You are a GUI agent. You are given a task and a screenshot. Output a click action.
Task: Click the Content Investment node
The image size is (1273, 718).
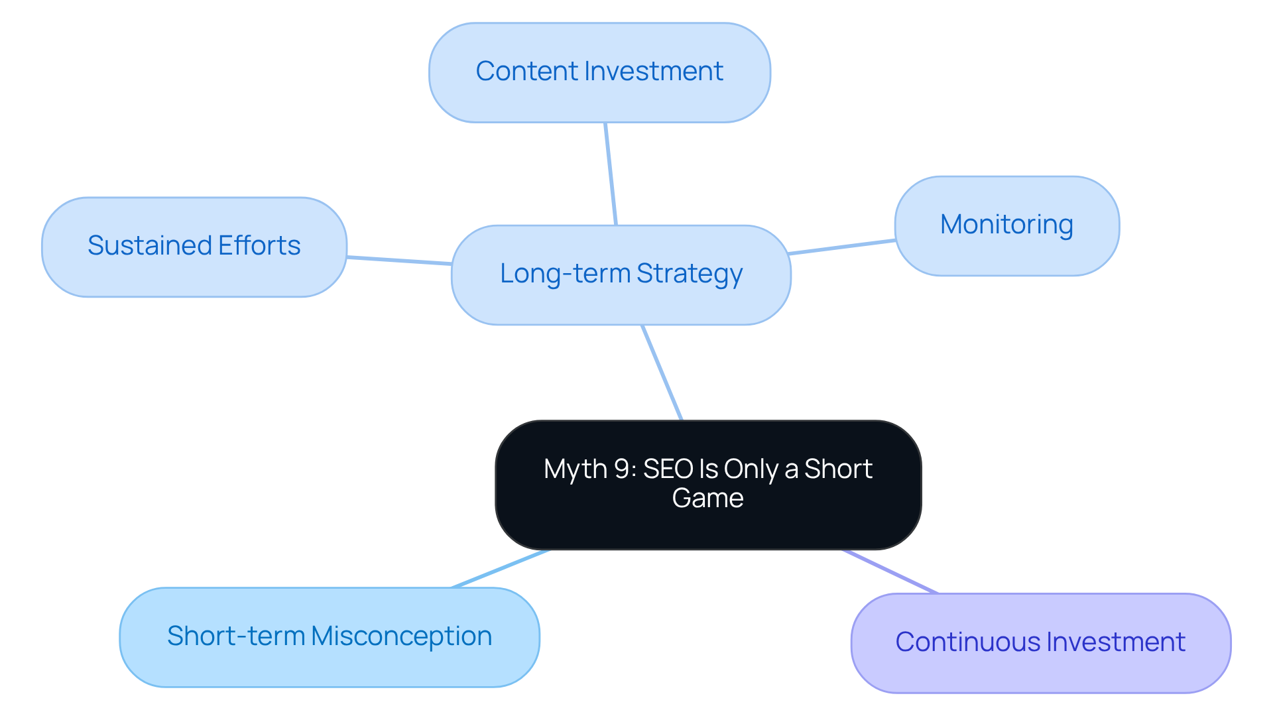[599, 72]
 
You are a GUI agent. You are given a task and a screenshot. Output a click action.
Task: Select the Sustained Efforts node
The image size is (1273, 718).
[194, 247]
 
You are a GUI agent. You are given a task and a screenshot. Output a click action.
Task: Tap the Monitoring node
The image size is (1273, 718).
[1006, 225]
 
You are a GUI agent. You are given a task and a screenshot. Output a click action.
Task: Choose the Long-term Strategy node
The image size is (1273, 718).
[621, 274]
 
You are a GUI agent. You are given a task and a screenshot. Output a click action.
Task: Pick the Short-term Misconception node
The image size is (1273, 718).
[329, 636]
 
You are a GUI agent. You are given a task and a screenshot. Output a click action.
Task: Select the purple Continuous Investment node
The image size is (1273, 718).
[1040, 642]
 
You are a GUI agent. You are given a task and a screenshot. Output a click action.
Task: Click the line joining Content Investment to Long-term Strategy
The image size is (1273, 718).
[611, 174]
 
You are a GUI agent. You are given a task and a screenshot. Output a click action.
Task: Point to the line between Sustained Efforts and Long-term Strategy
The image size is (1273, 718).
[399, 261]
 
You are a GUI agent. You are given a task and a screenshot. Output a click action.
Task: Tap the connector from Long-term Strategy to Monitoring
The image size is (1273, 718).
[842, 247]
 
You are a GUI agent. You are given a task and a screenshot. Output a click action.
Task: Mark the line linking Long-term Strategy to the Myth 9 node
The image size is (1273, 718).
[662, 372]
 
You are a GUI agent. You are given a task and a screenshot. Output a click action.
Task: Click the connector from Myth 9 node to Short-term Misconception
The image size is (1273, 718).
[501, 568]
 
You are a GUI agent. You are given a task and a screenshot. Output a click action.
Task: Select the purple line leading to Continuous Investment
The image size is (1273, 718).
[890, 571]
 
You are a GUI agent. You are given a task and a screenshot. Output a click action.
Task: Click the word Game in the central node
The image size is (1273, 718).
[707, 498]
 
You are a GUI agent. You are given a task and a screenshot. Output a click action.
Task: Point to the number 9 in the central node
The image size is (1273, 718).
[622, 469]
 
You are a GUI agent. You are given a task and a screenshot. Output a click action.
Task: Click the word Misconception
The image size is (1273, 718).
[401, 636]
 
